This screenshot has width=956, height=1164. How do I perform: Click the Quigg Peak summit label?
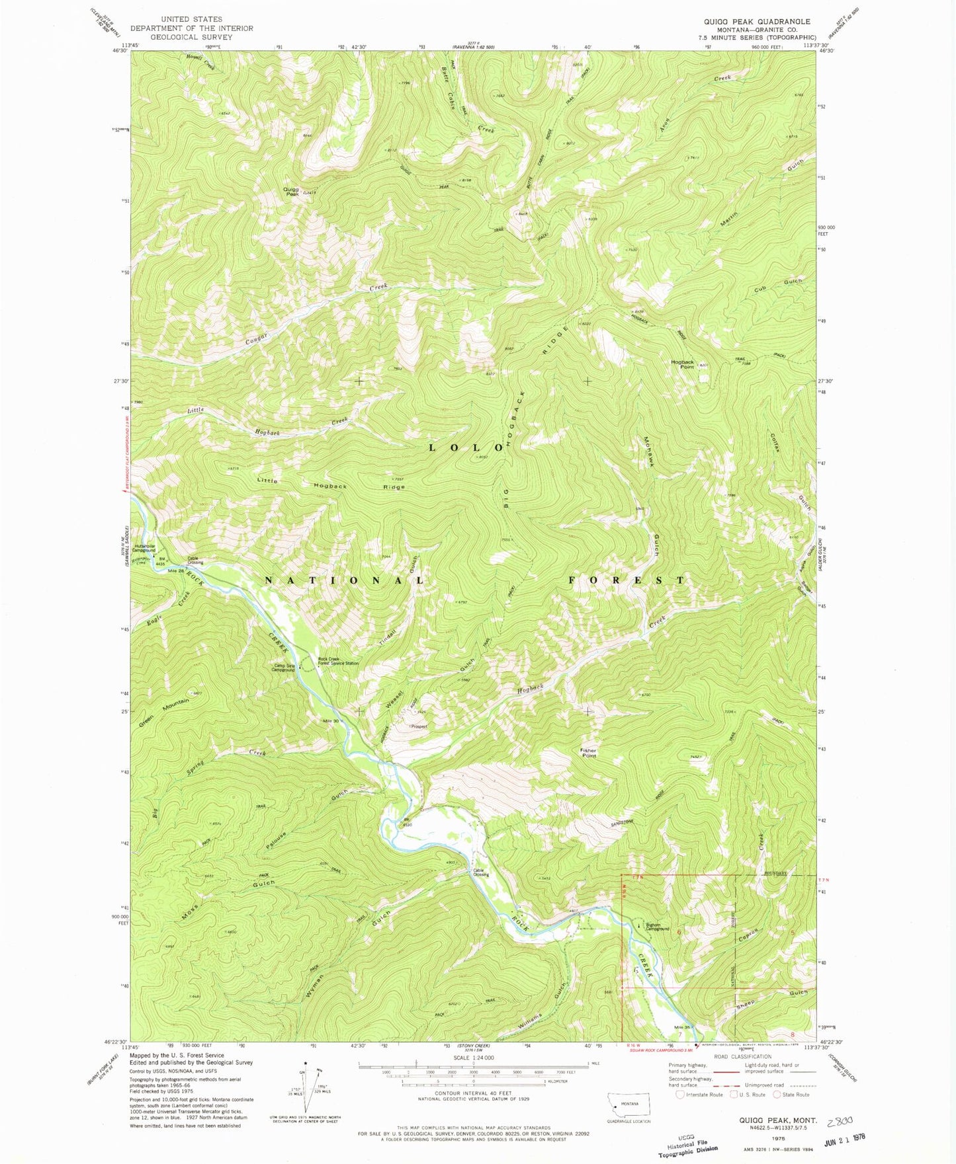(x=291, y=192)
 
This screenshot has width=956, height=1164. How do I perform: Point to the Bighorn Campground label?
(x=658, y=927)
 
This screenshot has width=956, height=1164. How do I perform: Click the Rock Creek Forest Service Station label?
(x=338, y=661)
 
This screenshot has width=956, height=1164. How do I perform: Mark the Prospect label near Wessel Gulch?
(x=418, y=726)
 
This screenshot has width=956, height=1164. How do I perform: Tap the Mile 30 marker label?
(x=331, y=720)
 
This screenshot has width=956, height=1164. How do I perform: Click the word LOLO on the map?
(x=461, y=447)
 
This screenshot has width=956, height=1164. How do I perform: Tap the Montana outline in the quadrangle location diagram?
(x=629, y=1103)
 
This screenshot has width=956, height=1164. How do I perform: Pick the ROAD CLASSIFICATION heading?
(x=742, y=1056)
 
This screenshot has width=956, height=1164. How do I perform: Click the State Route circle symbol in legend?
(x=777, y=1094)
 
